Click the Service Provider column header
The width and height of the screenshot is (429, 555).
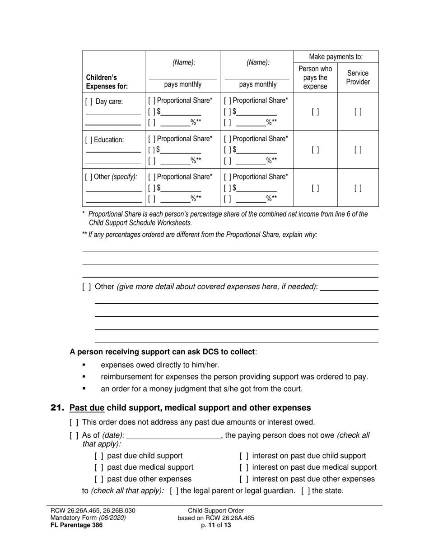tap(358, 78)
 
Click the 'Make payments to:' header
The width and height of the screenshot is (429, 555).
tap(336, 57)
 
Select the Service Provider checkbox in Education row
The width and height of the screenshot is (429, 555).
tap(358, 150)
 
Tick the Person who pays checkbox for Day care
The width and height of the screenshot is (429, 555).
tap(315, 112)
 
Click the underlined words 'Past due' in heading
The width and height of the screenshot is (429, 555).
tap(87, 408)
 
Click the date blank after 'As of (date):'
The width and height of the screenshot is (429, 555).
tap(173, 436)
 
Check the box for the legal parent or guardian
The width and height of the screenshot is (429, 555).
tap(174, 490)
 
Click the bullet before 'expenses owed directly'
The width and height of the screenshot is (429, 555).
tap(84, 365)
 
